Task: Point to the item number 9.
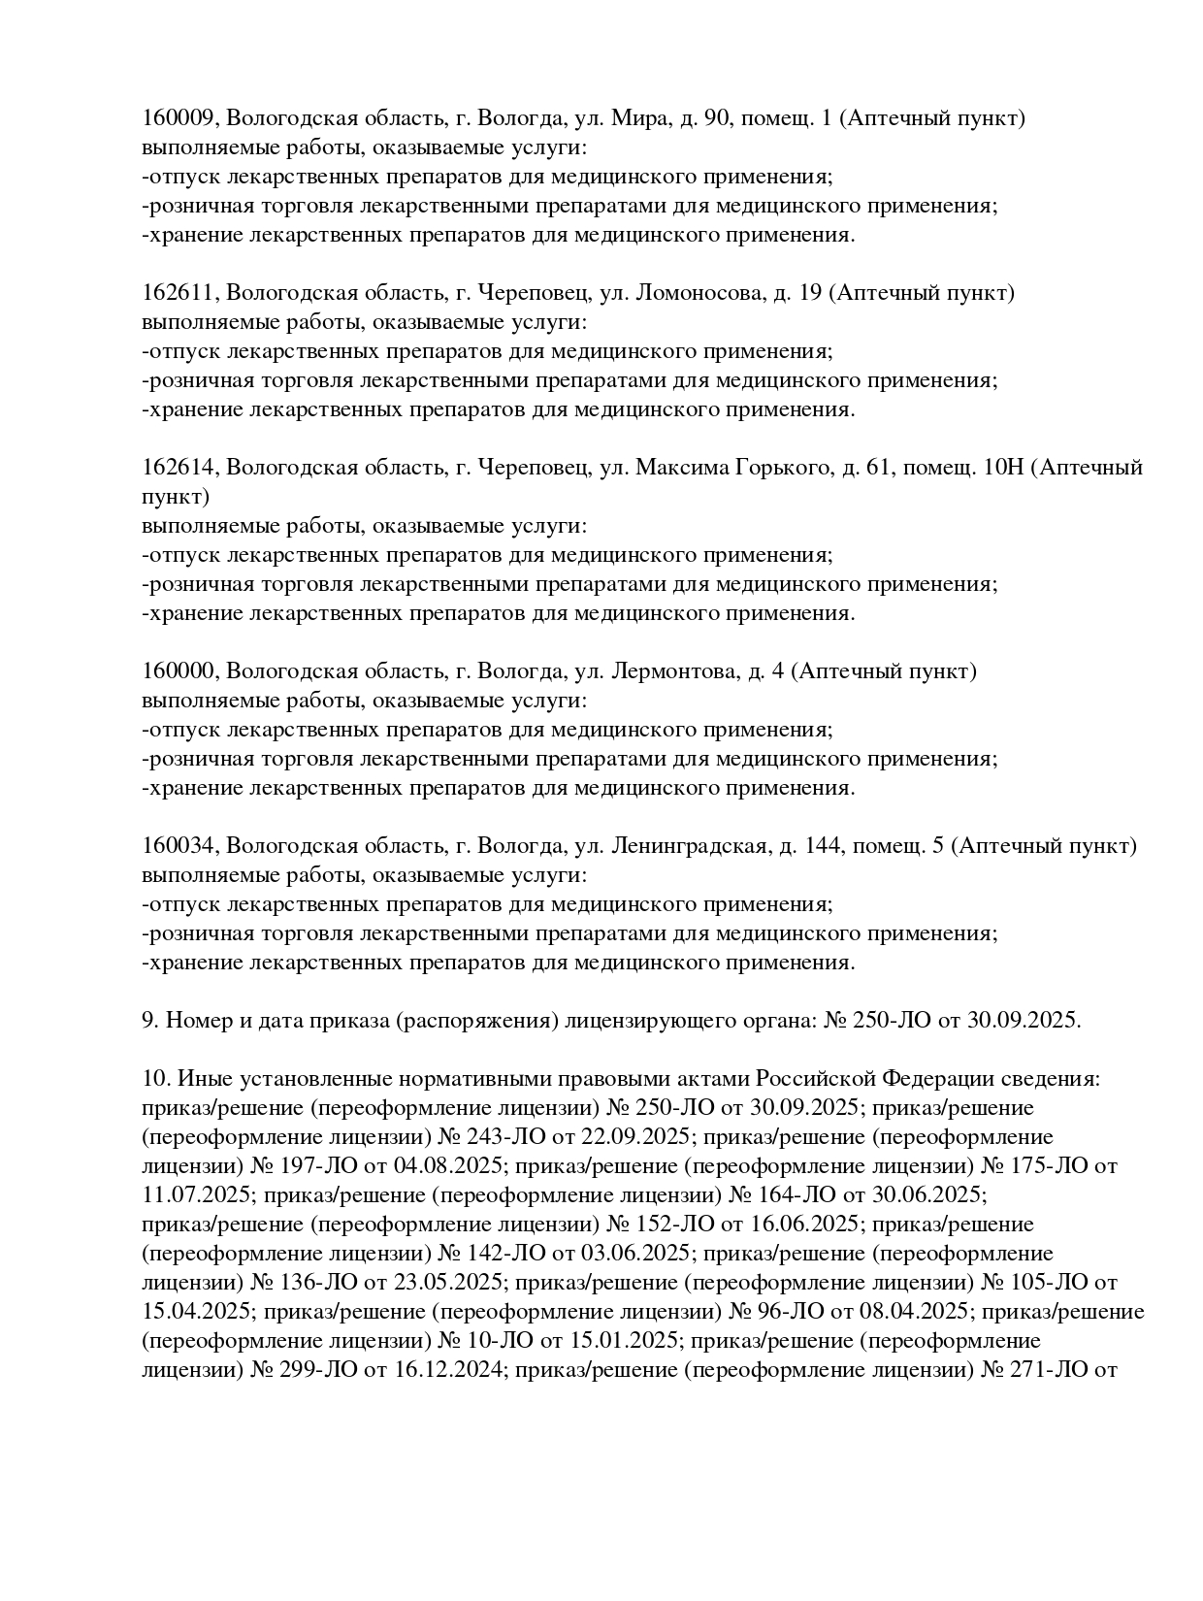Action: pyautogui.click(x=148, y=1021)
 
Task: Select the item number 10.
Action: pyautogui.click(x=154, y=1079)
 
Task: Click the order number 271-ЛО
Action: pyautogui.click(x=1050, y=1370)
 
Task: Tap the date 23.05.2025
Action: pyautogui.click(x=448, y=1283)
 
